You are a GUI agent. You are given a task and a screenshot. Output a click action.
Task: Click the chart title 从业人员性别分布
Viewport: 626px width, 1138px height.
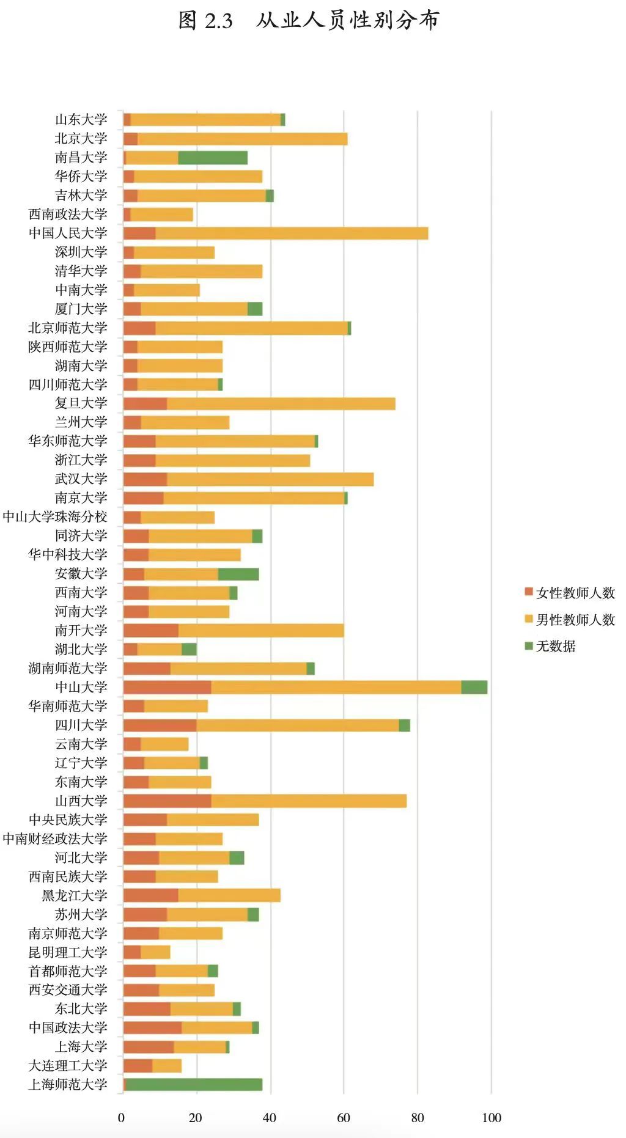[347, 21]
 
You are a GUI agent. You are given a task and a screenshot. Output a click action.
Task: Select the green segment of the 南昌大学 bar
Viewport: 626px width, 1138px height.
[213, 158]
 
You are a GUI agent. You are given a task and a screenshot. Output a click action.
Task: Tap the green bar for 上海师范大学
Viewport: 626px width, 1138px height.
[194, 1084]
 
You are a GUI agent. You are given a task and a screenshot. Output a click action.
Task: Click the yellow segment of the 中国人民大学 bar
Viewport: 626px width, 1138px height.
[292, 233]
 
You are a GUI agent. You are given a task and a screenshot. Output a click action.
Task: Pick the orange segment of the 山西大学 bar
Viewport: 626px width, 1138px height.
[167, 801]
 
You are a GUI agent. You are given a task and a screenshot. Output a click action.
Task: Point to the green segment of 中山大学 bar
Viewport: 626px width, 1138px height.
[474, 687]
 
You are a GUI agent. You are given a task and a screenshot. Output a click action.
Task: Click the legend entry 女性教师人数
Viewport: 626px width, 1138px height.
[569, 593]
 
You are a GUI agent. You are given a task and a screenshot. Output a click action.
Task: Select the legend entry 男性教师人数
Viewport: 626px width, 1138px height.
[569, 620]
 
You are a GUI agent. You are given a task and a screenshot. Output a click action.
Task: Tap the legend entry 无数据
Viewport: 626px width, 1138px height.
[550, 646]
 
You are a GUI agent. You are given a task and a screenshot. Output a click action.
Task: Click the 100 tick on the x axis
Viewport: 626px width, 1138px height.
[492, 1118]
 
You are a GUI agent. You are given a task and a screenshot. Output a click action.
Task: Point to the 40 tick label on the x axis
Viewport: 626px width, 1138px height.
[270, 1118]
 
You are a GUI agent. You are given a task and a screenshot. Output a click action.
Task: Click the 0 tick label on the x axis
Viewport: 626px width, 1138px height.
[121, 1118]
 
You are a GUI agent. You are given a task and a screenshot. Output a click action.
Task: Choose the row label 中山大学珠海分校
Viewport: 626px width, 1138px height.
[55, 517]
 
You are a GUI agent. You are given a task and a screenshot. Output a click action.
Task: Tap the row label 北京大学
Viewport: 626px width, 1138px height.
[81, 139]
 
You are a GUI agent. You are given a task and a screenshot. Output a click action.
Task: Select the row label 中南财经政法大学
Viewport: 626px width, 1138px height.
[55, 839]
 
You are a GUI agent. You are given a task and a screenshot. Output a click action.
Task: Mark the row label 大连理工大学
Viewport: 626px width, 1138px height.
[68, 1065]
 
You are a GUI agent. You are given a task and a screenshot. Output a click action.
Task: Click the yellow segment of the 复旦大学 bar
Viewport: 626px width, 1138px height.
[281, 404]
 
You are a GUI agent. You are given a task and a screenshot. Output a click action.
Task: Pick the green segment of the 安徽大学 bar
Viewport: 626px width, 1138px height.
[238, 574]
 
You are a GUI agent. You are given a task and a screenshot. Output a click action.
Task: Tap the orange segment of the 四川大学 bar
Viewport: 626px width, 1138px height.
[160, 725]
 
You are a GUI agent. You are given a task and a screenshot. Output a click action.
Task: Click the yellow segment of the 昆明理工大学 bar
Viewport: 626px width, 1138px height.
[155, 952]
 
